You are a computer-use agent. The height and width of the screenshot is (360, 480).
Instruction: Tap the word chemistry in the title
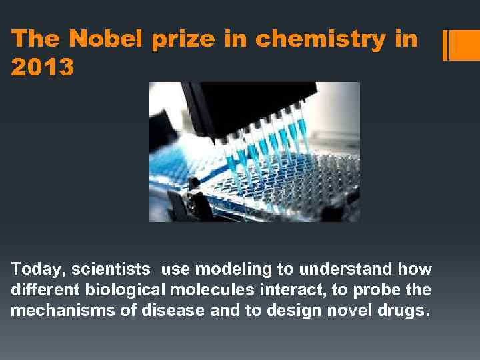click(x=320, y=39)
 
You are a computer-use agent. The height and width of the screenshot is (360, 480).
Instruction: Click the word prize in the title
click(x=183, y=39)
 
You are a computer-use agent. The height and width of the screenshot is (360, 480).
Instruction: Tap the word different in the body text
click(x=39, y=290)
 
